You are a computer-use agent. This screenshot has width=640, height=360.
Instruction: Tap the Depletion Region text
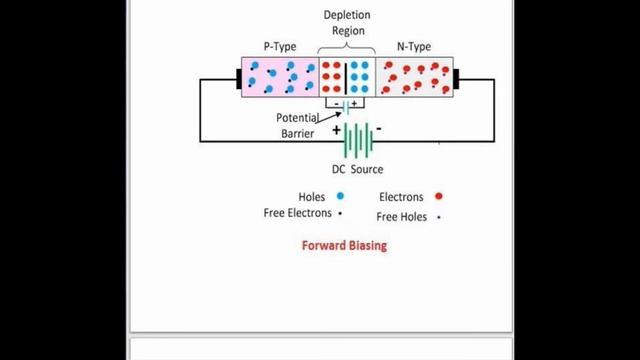coord(346,23)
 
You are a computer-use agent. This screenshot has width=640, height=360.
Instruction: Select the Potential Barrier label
coord(299,124)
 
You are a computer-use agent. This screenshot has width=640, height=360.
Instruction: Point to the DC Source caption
coord(358,169)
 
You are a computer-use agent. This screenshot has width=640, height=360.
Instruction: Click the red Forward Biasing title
coord(344,245)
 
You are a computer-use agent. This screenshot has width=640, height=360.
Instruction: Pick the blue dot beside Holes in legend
coord(340,197)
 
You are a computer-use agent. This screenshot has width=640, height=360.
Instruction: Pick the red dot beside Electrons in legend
coord(439,197)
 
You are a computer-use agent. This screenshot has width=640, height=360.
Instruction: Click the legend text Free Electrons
coord(297,213)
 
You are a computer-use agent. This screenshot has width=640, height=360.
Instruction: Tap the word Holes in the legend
coord(313,197)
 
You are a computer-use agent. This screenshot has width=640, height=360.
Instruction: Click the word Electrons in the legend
coord(402,197)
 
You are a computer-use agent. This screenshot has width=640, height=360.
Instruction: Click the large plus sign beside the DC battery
coord(337,130)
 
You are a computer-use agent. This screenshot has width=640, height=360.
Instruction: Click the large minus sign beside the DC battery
coord(379,130)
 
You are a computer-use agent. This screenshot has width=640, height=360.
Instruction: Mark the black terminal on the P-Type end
coord(239,79)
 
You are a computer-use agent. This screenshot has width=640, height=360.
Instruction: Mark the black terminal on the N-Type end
coord(456,79)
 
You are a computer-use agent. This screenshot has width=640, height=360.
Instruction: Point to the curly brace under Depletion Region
coord(346,49)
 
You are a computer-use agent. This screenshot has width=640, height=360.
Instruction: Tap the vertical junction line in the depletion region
coord(346,78)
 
